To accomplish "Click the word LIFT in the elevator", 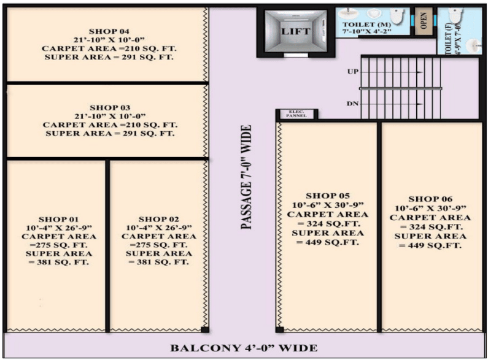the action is coord(295,31).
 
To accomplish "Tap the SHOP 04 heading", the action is coord(109,31).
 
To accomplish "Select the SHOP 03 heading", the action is coord(110,108).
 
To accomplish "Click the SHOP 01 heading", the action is coord(58,220).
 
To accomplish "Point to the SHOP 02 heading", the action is coord(159,220).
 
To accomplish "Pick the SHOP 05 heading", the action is coord(328,196).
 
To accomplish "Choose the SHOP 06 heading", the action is coord(430,199).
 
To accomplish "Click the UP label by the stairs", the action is coord(353,72).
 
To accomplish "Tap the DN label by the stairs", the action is coord(352,104).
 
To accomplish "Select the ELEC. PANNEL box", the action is coord(296,114).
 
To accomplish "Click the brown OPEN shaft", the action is coord(424,21).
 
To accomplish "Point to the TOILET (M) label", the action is coord(367,25).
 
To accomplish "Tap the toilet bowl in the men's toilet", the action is coord(397,15).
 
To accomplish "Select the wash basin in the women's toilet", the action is coord(474,46).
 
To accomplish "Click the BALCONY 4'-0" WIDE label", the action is coord(244,348).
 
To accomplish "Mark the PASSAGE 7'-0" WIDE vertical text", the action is coord(246,177).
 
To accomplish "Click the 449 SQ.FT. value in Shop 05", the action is coord(328,242).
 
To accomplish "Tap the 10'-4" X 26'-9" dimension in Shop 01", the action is coord(59,228).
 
